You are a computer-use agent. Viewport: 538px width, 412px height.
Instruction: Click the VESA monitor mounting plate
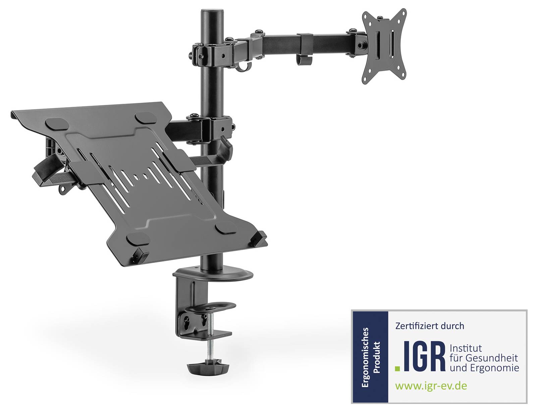point(384,46)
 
